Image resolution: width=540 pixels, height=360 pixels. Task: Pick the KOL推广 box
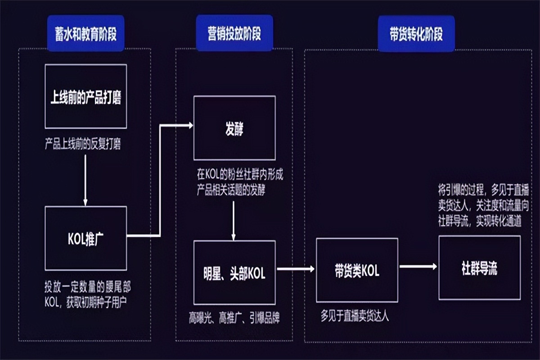click(x=85, y=238)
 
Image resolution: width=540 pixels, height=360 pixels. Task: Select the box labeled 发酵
click(x=234, y=128)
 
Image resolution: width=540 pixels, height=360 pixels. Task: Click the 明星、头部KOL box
click(x=234, y=272)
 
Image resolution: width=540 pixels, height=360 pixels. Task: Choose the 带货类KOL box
click(x=357, y=270)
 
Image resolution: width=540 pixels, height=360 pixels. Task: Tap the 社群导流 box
click(x=479, y=269)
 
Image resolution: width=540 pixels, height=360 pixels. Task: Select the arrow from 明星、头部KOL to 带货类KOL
click(x=295, y=269)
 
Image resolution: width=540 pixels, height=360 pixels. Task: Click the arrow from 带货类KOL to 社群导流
click(x=418, y=266)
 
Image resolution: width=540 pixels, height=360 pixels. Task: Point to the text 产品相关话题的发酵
click(x=230, y=190)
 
